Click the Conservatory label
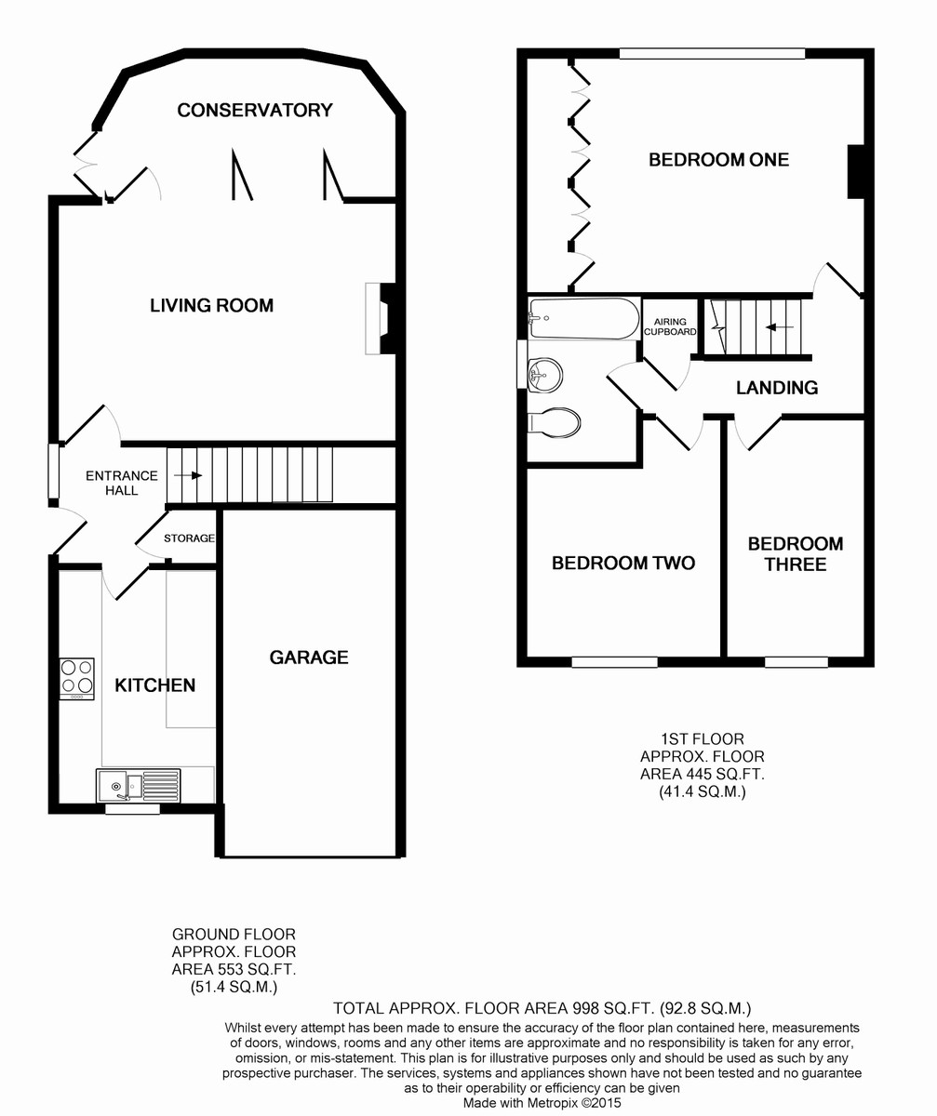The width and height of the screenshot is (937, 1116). (255, 110)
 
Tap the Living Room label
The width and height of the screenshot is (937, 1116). (211, 305)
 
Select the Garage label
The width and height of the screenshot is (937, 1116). (309, 657)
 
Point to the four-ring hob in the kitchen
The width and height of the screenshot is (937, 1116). (77, 678)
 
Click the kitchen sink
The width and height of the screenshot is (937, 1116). (138, 785)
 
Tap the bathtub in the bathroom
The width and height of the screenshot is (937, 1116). (584, 319)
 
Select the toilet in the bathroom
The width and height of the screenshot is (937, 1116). (554, 423)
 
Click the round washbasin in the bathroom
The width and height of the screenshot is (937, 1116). (545, 375)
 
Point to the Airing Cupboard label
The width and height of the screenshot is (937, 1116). (670, 326)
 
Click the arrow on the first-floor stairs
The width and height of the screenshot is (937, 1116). (778, 327)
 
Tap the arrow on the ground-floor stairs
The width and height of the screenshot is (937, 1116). (188, 475)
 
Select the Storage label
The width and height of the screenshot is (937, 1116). (189, 538)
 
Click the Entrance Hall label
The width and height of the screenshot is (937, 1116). (122, 483)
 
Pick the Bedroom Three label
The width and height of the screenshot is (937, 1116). (796, 553)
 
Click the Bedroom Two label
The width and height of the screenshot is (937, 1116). (623, 563)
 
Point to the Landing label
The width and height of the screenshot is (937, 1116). (777, 388)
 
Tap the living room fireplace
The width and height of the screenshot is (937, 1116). (381, 319)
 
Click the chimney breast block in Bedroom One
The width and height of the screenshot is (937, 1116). (856, 171)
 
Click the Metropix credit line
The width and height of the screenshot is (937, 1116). (542, 1102)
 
